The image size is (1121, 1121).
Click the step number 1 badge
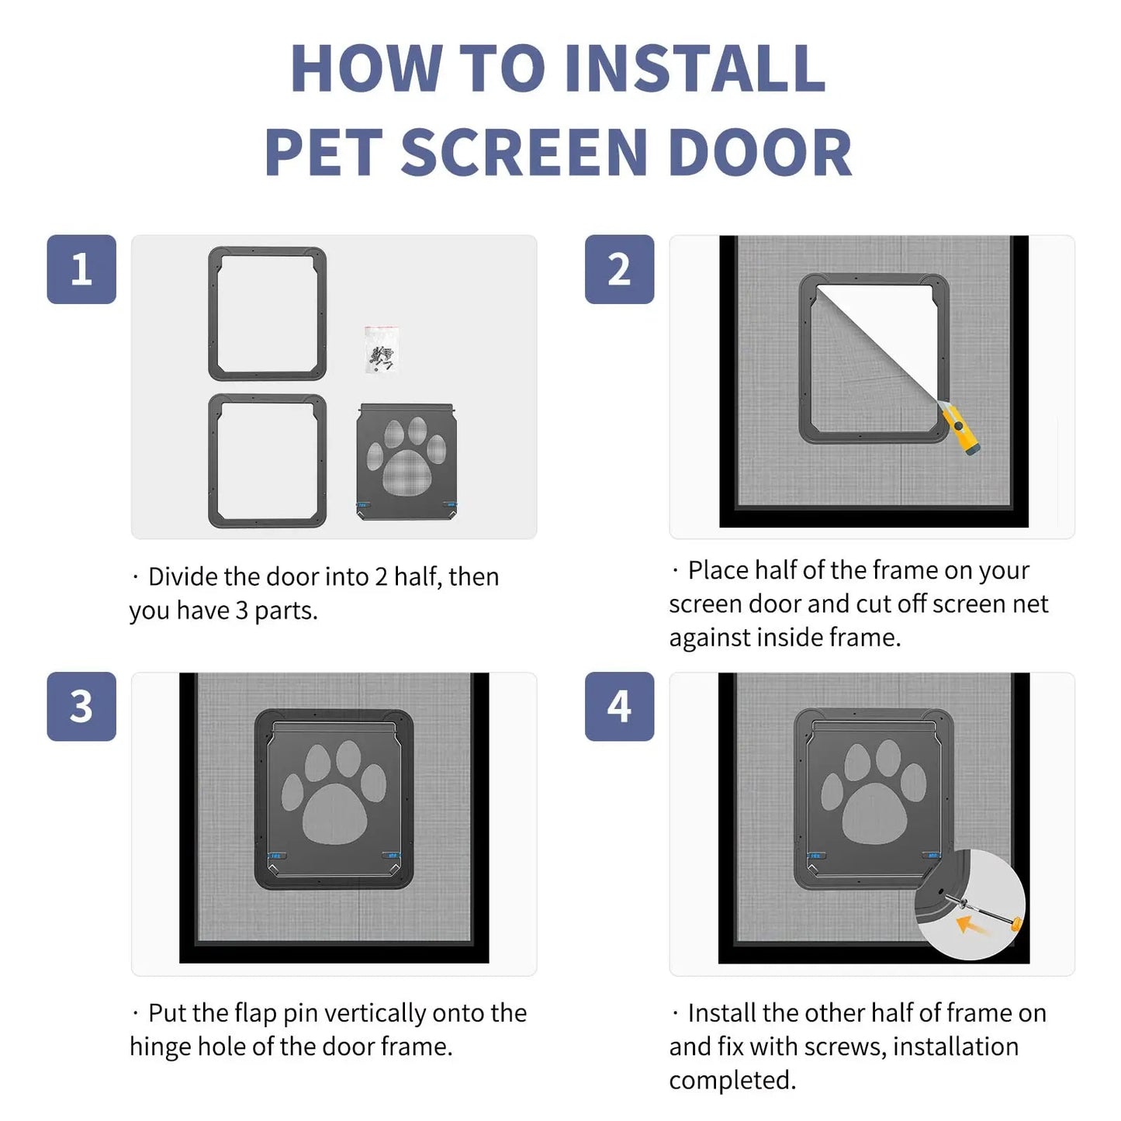81,269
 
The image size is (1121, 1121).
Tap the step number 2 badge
619,269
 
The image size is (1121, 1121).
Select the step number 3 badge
81,706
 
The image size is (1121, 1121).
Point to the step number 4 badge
619,706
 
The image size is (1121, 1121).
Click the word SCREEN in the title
524,152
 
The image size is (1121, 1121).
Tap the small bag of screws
382,350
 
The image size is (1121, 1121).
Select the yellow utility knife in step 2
960,430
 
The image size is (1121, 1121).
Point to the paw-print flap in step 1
406,462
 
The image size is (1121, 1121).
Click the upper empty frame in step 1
268,313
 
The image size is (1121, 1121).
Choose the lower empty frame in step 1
268,461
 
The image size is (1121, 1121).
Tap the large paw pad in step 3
334,813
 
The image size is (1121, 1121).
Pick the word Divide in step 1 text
183,577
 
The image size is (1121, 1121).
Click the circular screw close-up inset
970,905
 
